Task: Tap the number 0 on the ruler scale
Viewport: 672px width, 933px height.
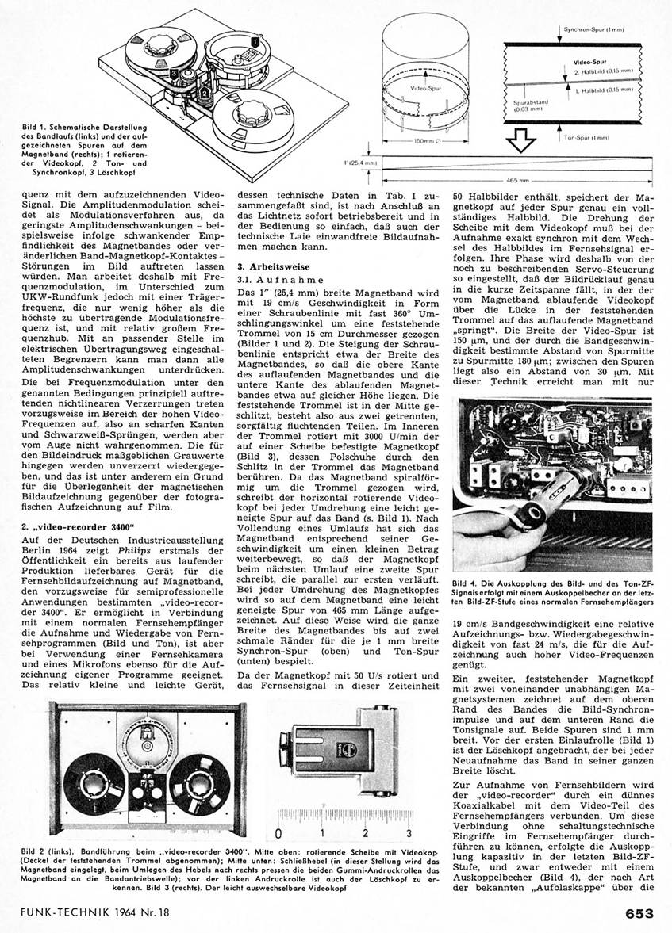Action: click(278, 834)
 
